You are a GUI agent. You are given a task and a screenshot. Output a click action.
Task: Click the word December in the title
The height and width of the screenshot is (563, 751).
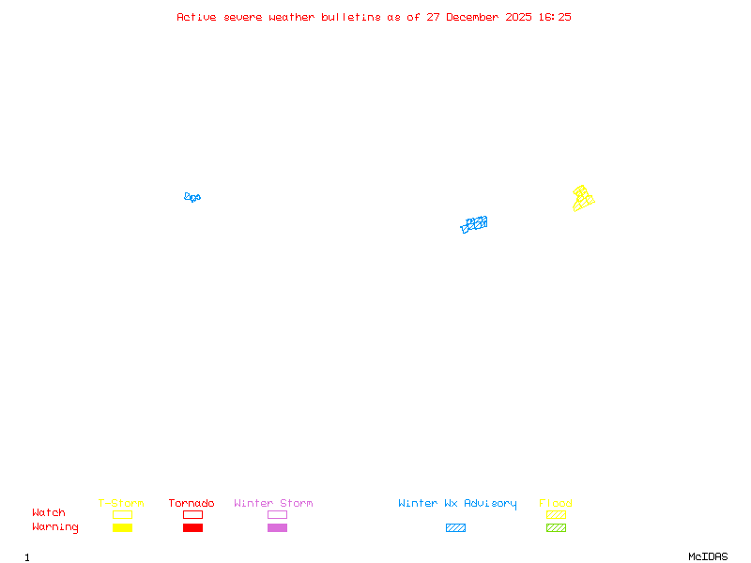473,17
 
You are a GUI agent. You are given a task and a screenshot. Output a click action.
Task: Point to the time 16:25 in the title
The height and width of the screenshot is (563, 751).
554,17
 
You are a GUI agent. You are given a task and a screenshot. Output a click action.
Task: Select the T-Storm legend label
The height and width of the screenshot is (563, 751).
121,503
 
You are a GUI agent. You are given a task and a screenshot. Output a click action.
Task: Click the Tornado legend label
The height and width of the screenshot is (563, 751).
192,503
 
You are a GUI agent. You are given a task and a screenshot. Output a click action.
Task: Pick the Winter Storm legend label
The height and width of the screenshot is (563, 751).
273,503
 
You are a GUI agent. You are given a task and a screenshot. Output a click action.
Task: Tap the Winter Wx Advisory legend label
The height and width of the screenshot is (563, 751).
457,503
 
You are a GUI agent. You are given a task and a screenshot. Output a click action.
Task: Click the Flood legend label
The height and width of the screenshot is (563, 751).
556,503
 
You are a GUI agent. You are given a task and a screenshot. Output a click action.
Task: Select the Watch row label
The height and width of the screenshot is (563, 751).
49,513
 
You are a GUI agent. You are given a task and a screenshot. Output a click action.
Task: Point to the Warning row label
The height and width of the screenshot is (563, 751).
55,527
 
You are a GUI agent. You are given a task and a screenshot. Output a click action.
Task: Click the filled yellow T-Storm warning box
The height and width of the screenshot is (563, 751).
122,527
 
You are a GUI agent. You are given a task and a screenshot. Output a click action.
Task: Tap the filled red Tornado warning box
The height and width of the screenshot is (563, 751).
192,527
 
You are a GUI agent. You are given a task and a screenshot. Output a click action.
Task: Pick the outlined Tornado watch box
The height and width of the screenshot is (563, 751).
192,514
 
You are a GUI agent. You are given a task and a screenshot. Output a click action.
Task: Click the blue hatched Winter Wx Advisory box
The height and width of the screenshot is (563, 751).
455,527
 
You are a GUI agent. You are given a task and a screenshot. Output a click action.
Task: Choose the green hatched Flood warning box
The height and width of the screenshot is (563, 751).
556,527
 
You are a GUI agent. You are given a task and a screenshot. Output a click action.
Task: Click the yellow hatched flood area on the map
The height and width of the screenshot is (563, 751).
583,198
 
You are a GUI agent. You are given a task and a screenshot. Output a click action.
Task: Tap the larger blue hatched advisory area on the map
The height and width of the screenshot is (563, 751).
474,224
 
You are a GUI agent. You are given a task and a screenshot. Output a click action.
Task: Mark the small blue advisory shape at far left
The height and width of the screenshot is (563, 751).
192,197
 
